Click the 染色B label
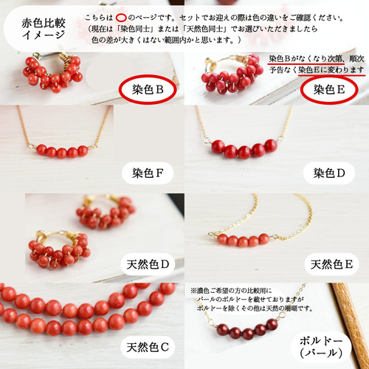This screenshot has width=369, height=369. pos(148,89)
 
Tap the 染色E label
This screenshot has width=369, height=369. pos(329,89)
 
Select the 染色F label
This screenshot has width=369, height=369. pos(148,173)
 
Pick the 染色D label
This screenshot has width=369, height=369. pos(329,173)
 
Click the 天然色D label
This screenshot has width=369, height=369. pos(148,264)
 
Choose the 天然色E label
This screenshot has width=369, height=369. pos(331,264)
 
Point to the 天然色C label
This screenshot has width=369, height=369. pos(148,347)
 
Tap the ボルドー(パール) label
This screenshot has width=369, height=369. pos(321,347)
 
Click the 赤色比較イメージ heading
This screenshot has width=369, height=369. pos(44,29)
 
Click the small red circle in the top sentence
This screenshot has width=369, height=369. pos(121,18)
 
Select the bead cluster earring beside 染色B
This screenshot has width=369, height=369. pos(53,72)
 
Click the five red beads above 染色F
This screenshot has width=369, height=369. pos(62,151)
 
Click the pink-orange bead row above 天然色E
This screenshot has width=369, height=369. pos(244,240)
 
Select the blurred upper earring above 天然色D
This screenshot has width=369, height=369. pos(106,212)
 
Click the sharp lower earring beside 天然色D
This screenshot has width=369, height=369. pos(60,249)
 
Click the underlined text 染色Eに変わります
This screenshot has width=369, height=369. pos(331,70)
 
